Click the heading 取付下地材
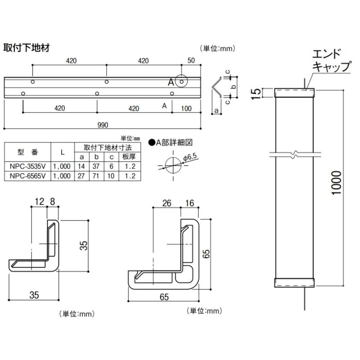[26, 47]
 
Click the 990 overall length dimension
[103, 125]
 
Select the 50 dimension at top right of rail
[191, 61]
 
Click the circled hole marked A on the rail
[182, 82]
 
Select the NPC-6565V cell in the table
[27, 176]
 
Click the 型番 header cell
[27, 152]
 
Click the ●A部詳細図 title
[171, 142]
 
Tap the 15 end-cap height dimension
[258, 92]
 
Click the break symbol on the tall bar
[294, 154]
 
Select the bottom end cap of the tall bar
[294, 283]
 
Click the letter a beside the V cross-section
[216, 110]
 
